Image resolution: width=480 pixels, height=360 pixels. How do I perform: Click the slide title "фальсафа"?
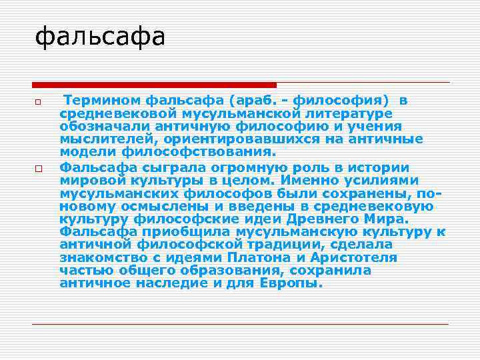99,37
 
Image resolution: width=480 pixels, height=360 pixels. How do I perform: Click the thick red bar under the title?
154,85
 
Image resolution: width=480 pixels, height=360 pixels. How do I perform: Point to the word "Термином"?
100,101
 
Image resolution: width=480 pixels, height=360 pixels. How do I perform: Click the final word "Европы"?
294,283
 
